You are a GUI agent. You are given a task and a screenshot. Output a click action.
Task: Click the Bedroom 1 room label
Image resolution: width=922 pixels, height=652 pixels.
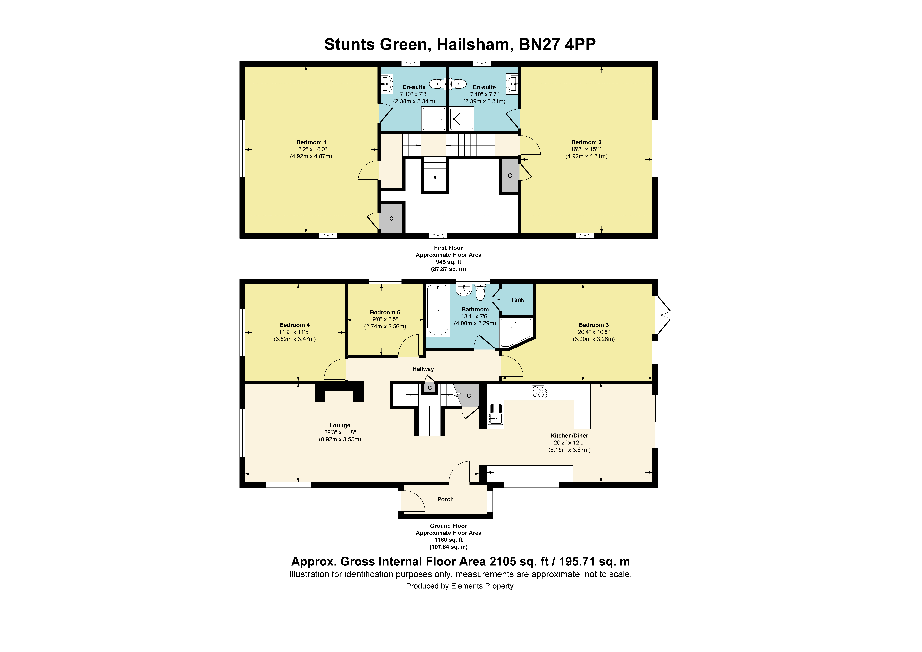[x=311, y=142]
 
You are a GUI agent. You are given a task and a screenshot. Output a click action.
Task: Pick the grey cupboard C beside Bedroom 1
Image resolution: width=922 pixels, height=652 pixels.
[x=391, y=219]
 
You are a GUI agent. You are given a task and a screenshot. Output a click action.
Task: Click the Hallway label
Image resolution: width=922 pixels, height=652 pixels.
[x=423, y=369]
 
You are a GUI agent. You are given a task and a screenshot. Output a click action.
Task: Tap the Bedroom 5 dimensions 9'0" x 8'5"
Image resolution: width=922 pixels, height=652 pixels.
[x=385, y=320]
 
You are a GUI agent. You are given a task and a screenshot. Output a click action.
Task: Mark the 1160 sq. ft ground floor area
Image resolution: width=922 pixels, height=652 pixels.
[x=449, y=540]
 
